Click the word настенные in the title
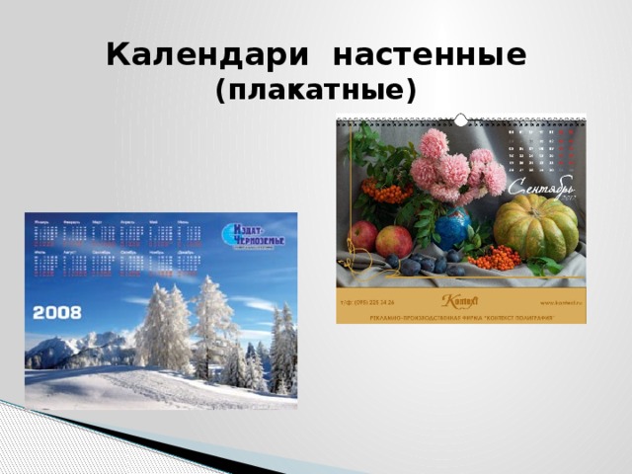(x=430, y=55)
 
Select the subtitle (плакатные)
(x=316, y=92)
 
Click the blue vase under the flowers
(x=454, y=228)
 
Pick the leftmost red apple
(x=363, y=235)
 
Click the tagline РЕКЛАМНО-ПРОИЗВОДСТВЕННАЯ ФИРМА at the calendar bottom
(x=460, y=316)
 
